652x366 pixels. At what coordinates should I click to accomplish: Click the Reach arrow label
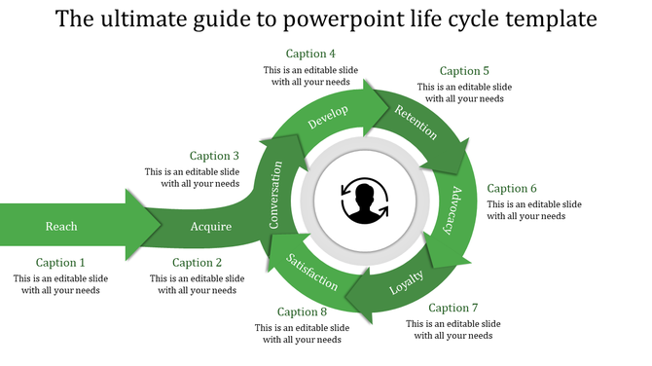point(61,227)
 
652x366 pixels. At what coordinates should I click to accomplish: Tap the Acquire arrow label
point(211,227)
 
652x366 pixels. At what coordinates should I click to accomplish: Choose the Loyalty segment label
point(407,282)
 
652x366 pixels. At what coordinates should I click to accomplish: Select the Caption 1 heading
point(60,263)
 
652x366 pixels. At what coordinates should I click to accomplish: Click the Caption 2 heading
point(198,263)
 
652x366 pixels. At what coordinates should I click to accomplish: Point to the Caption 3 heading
point(214,156)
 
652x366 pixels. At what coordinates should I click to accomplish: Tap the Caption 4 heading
point(311,54)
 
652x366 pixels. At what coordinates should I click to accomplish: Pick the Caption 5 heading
point(464,71)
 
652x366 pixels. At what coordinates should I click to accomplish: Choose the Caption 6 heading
point(512,189)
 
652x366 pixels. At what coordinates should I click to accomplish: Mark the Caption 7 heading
point(453,309)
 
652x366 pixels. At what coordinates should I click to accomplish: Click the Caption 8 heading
point(302,312)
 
